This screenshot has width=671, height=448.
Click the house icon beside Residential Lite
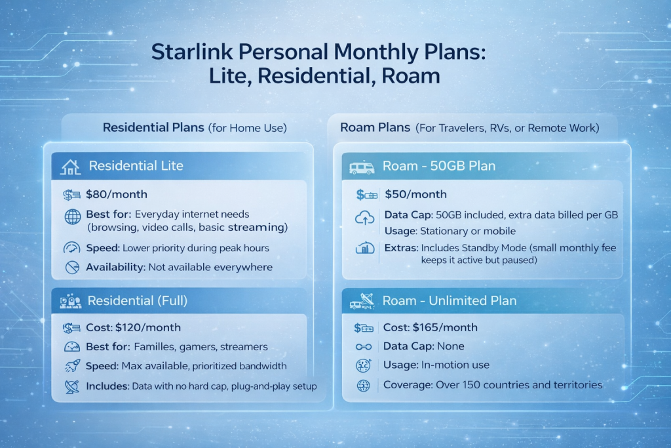click(x=71, y=167)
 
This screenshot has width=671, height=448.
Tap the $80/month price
click(x=117, y=194)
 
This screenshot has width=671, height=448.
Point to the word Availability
click(x=115, y=268)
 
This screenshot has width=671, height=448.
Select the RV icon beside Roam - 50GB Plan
click(x=363, y=167)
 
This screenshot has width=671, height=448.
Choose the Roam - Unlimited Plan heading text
click(x=450, y=301)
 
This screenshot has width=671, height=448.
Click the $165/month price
click(x=445, y=327)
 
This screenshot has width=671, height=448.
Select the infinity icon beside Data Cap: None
click(x=363, y=346)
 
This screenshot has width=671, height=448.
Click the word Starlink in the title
click(x=191, y=52)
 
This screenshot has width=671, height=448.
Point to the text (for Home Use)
click(x=247, y=128)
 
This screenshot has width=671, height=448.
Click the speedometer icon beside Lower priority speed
click(x=71, y=249)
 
